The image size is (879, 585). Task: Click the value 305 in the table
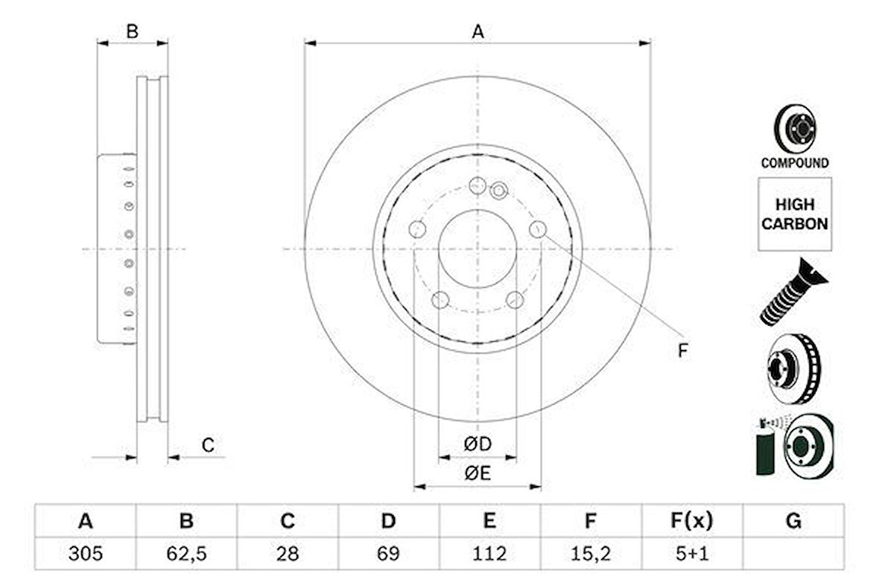(85, 554)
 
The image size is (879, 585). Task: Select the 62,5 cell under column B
(186, 554)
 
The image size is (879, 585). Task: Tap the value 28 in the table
(288, 554)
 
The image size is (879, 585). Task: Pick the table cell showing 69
(388, 554)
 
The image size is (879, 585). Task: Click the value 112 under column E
(489, 554)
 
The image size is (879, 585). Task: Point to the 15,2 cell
(590, 554)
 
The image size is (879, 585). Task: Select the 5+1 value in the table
(691, 554)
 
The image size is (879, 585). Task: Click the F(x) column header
(691, 521)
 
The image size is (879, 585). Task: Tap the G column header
(793, 521)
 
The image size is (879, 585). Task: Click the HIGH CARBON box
(795, 214)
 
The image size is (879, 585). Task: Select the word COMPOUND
(795, 163)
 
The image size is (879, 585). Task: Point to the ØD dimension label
(477, 444)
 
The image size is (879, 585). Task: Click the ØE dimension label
(477, 473)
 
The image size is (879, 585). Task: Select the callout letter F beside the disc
(682, 351)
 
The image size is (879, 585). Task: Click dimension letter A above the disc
(477, 31)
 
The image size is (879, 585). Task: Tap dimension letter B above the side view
(132, 31)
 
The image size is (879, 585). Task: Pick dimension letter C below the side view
(209, 446)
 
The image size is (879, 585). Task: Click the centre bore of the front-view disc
(477, 249)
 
